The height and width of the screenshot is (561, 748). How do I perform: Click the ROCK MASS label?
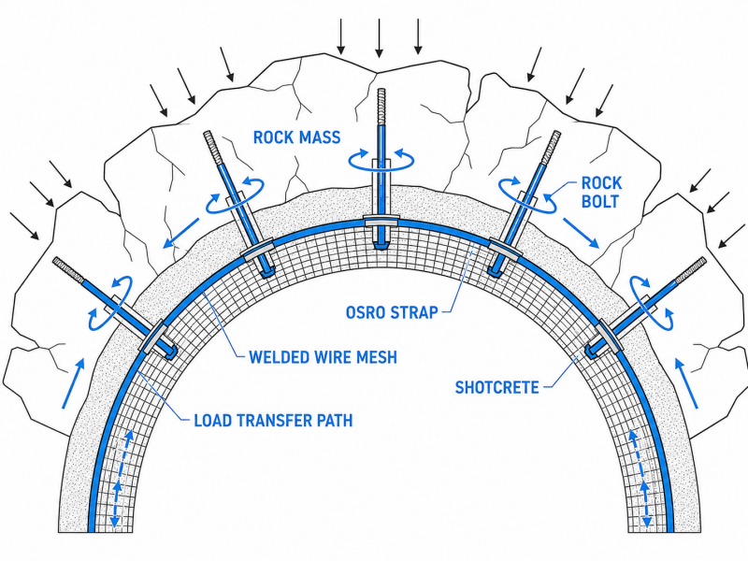296,137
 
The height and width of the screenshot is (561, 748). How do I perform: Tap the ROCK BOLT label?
601,192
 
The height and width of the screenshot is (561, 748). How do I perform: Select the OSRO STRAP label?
392,312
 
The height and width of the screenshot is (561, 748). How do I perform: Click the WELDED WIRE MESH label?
323,357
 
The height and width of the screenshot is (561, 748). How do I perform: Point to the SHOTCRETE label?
496,387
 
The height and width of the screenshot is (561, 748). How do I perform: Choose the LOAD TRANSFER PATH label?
273,420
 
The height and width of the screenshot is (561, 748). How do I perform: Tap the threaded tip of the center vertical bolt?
381,107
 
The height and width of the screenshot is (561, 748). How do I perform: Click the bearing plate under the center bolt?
381,222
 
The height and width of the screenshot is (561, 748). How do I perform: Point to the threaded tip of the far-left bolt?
68,270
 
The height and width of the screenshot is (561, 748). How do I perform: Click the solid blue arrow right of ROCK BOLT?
581,233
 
